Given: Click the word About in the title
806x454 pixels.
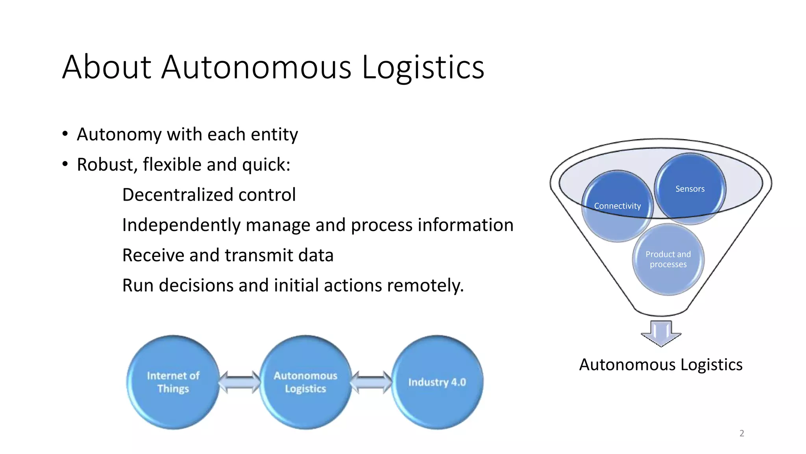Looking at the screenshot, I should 107,67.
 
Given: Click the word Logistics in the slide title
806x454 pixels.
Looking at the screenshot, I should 423,67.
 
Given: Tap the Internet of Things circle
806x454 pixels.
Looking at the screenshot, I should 173,382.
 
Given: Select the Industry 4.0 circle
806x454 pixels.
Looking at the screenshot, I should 437,382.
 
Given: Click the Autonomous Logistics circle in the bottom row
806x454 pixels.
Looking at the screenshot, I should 305,382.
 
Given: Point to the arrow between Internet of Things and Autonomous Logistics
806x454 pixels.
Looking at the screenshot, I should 239,382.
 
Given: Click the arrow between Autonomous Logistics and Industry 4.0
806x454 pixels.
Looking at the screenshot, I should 371,382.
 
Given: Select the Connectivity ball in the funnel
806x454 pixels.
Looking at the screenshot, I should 617,206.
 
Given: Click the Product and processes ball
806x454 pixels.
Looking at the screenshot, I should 668,259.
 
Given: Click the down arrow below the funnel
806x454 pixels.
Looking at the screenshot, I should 661,333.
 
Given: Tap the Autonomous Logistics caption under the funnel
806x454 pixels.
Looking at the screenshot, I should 661,365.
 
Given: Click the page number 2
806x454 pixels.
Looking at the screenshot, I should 742,433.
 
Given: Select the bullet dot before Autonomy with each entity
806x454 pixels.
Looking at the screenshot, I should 65,134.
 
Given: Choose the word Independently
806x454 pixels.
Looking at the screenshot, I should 181,225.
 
